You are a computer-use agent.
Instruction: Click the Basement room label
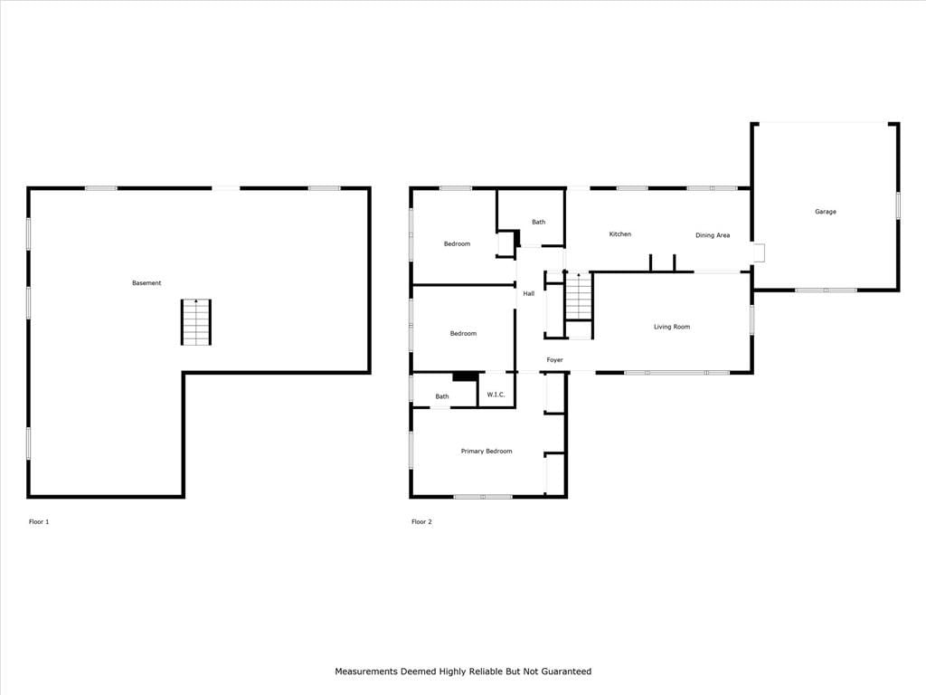tap(146, 283)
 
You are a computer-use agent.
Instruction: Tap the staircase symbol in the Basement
tap(196, 322)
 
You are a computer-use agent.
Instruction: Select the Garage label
tap(826, 212)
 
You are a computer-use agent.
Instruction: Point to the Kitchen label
tap(620, 234)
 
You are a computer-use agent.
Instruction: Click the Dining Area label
tap(713, 235)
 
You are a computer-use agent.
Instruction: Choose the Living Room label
tap(672, 327)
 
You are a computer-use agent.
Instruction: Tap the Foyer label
tap(554, 360)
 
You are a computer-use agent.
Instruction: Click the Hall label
tap(528, 294)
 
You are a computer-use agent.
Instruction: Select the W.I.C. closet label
tap(496, 395)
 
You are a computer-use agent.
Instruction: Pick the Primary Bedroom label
tap(487, 452)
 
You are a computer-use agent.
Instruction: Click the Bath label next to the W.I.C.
tap(442, 396)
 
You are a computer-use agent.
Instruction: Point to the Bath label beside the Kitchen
tap(539, 223)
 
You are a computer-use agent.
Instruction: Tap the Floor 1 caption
tap(39, 522)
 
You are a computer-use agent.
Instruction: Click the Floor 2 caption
tap(421, 522)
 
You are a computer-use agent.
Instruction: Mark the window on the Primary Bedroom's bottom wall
tap(483, 497)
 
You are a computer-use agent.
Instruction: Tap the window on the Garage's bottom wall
tap(826, 290)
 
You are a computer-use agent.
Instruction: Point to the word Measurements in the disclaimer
tap(367, 671)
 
